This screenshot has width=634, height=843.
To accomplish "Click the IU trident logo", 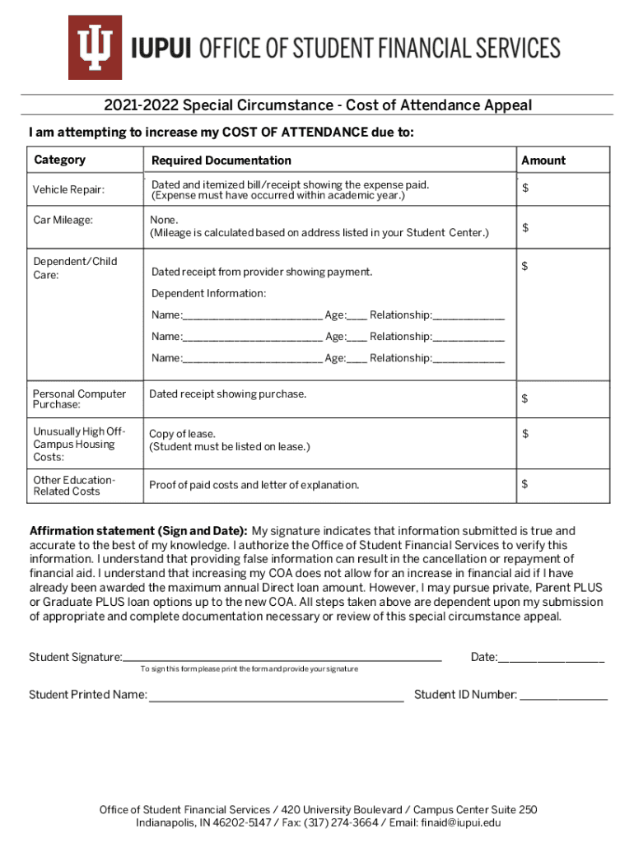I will (95, 47).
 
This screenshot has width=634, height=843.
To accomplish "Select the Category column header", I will (59, 160).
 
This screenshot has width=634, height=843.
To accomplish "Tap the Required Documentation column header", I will (221, 161).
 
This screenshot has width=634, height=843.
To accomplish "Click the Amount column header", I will (543, 161).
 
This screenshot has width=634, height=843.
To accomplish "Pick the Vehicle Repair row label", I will (68, 190).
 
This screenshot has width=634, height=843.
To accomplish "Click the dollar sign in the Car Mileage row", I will (525, 227).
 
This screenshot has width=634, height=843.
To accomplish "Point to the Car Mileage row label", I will (63, 220).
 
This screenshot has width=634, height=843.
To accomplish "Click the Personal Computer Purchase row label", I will (79, 399).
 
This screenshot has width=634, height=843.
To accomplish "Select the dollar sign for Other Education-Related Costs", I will (525, 483).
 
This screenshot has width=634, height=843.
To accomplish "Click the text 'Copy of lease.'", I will (182, 434).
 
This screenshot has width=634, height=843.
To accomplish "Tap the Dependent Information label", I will (208, 294).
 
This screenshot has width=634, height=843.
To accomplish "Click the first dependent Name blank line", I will (252, 315).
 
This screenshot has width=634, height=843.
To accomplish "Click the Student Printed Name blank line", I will (276, 696).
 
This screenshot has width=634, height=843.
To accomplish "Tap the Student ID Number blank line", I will (564, 696).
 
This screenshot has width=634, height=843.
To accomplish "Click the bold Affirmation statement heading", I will (138, 531).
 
